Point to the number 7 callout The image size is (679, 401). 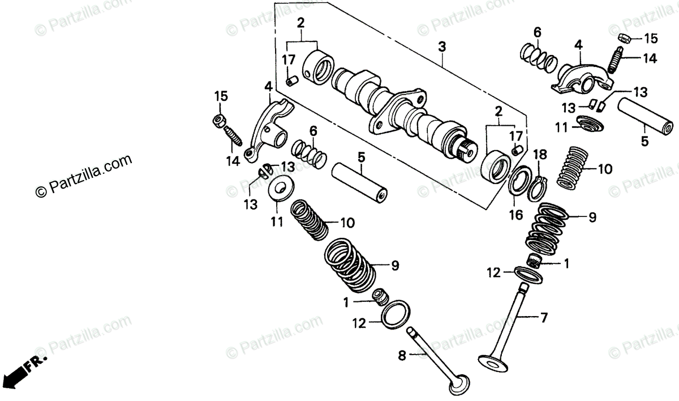(x=544, y=318)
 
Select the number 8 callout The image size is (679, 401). (x=402, y=356)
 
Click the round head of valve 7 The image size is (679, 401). (x=490, y=361)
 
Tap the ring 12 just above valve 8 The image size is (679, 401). (x=393, y=313)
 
